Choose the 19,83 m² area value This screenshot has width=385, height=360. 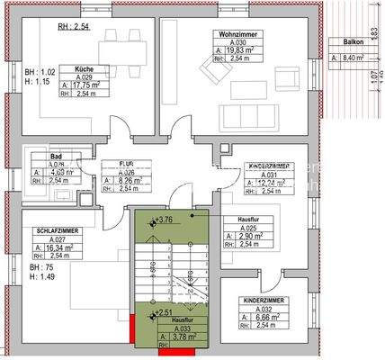coord(237,50)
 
